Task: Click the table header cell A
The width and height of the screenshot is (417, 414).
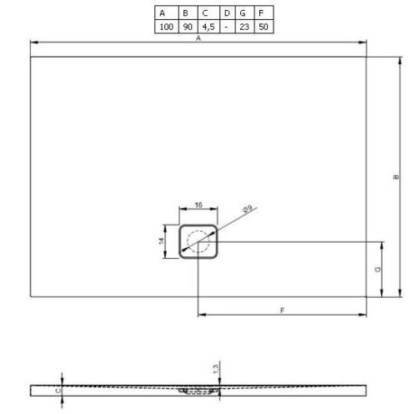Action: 163,13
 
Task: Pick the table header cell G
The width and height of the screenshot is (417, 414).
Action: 244,13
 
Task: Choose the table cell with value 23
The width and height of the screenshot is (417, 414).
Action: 244,27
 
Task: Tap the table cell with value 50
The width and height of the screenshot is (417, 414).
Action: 264,27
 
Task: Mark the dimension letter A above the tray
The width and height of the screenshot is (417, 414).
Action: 198,38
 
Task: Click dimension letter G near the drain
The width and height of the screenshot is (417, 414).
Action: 377,270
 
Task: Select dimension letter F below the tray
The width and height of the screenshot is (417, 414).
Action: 284,310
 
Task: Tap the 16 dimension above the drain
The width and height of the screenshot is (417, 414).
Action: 198,204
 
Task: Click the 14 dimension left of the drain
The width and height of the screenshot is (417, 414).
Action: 163,240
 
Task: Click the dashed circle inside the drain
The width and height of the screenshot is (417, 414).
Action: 198,242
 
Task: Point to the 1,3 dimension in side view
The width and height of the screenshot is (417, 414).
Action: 215,368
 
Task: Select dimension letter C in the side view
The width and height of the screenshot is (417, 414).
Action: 57,388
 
